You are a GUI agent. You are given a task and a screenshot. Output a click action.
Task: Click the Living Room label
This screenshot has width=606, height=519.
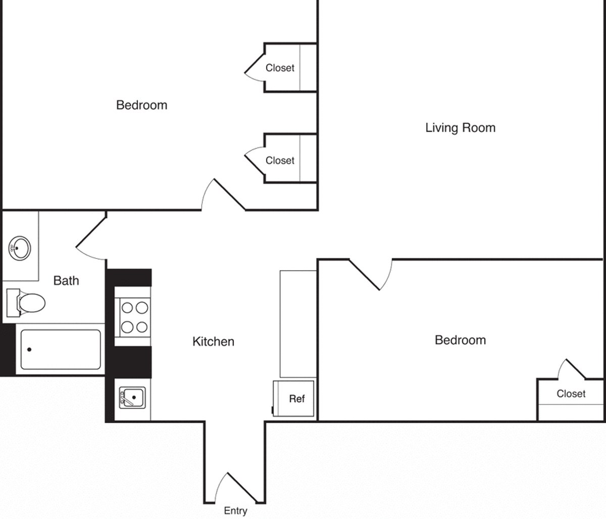[x=460, y=128]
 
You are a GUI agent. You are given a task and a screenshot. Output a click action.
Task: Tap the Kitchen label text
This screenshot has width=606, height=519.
[x=214, y=342]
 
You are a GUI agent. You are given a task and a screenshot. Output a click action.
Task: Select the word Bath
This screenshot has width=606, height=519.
[x=66, y=281]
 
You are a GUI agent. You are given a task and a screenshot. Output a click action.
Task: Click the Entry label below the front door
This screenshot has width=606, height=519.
[x=235, y=511]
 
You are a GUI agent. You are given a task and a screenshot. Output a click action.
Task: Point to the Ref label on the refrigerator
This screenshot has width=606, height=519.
[x=297, y=399]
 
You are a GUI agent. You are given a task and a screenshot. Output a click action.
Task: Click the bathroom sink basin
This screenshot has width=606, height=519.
[x=19, y=248]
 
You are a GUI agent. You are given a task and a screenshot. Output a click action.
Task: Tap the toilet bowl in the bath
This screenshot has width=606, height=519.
[x=31, y=303]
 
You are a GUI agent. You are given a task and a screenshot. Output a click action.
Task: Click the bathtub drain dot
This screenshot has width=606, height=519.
[x=29, y=349]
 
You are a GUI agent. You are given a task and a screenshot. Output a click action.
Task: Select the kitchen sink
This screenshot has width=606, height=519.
[x=132, y=398]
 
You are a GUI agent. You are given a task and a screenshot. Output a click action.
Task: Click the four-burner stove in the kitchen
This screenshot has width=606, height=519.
[x=135, y=317]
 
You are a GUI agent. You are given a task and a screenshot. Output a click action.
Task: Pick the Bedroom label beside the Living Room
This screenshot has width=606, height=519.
[x=141, y=105]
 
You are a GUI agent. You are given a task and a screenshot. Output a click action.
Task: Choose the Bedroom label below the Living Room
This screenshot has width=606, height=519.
[x=460, y=340]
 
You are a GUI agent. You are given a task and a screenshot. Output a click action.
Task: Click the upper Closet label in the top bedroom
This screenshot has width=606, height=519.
[x=280, y=68]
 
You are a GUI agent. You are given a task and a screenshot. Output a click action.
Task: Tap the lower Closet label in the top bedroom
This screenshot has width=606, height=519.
[x=280, y=161]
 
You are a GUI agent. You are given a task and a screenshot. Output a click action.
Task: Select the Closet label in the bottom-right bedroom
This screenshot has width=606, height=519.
[x=571, y=394]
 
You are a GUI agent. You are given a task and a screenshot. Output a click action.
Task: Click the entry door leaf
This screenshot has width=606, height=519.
[x=242, y=488]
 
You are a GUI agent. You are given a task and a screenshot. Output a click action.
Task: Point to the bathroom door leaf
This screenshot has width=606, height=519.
[x=91, y=232]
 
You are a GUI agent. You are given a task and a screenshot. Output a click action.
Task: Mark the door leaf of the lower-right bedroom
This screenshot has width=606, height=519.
[x=365, y=274]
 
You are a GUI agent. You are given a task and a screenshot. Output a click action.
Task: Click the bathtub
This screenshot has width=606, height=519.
[x=61, y=349]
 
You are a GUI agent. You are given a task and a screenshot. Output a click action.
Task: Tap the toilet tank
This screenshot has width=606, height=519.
[x=13, y=303]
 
